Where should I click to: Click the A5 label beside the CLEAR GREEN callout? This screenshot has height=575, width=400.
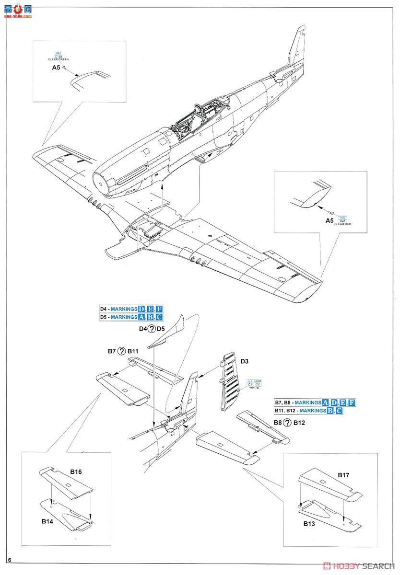[x=56, y=68]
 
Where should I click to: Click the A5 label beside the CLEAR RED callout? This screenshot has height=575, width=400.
[x=330, y=220]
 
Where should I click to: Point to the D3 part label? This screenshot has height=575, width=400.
[x=244, y=360]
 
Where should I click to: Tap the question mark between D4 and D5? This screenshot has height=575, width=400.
[x=152, y=328]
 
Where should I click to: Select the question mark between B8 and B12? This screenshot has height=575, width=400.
[x=286, y=423]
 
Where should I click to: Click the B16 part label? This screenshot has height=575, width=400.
[x=76, y=472]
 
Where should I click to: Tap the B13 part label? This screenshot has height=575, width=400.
[x=309, y=524]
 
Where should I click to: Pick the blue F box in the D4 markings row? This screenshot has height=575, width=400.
[x=159, y=309]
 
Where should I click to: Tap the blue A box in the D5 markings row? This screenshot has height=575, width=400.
[x=141, y=317]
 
